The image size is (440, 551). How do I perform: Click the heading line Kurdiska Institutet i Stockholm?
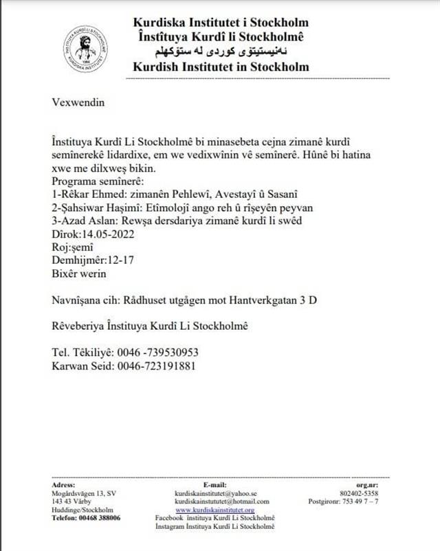[x=221, y=22]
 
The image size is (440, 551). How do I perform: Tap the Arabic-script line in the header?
[x=221, y=52]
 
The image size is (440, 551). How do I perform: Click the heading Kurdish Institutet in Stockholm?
[x=221, y=67]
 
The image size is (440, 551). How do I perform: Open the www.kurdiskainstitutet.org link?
[x=214, y=510]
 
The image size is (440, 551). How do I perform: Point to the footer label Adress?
[x=64, y=484]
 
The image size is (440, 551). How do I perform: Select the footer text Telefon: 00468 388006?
[x=86, y=517]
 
